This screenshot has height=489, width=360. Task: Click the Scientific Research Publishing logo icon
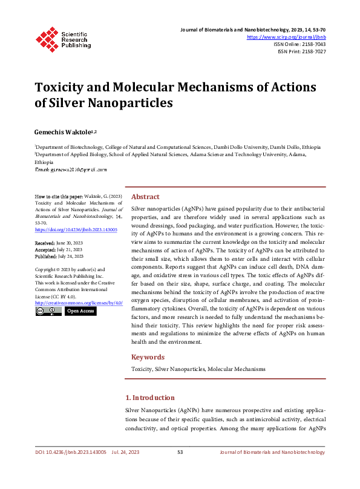tap(47, 38)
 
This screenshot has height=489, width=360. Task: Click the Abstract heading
tap(145, 197)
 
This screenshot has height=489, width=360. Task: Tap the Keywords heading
tap(148, 356)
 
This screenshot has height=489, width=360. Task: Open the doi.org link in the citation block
tap(76, 230)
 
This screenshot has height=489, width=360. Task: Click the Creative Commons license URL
tap(79, 302)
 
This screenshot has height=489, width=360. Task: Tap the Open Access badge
tap(80, 311)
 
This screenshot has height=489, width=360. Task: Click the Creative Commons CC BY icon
tap(48, 311)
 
